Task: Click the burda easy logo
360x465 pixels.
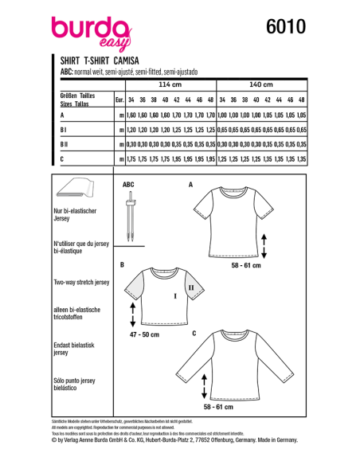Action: coord(89,33)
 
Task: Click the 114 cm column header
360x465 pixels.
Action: coord(170,84)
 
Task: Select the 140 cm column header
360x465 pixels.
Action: coord(261,84)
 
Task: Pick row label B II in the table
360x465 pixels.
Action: coord(66,144)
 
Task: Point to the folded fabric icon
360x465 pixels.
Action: coord(79,192)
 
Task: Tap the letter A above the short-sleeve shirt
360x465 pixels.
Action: coord(190,185)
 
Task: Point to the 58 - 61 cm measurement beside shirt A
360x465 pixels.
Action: coord(244,266)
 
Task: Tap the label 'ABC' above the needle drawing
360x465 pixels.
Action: coord(128,185)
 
